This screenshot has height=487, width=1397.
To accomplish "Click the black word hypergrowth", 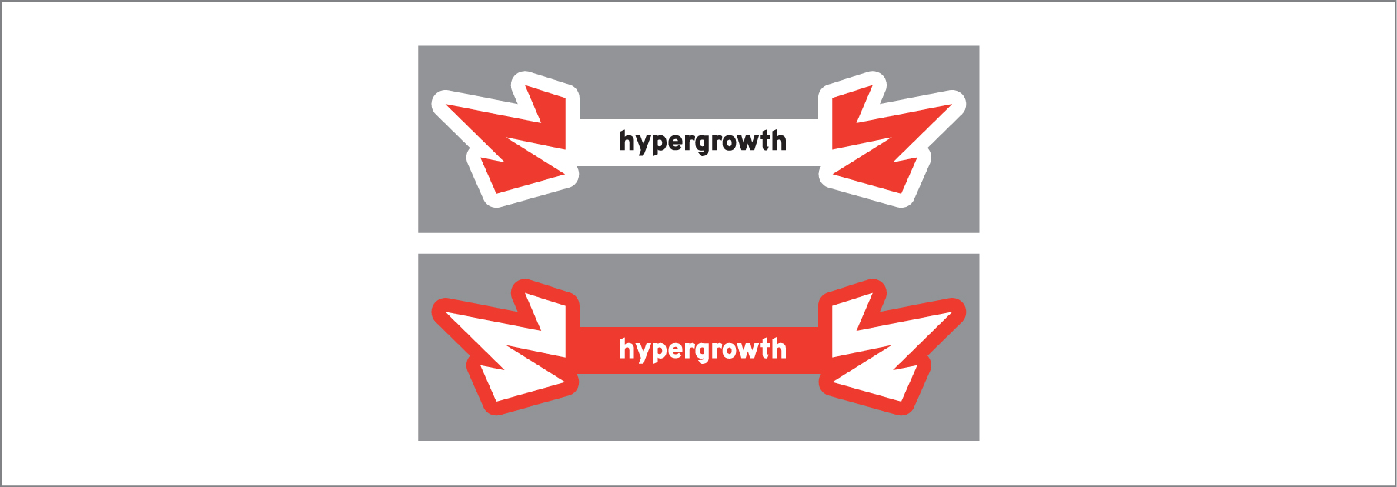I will click(703, 142).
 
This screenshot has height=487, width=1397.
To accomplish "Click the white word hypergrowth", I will click(703, 349).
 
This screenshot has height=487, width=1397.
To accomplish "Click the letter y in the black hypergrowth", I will click(643, 144).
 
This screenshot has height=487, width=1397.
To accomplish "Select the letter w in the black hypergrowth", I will click(751, 142).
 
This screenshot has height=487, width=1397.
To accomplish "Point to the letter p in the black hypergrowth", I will click(660, 144).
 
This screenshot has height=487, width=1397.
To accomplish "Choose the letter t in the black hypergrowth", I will click(767, 141).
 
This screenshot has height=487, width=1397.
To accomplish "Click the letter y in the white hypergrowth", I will click(643, 352).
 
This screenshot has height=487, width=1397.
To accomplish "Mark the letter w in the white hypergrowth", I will click(751, 349).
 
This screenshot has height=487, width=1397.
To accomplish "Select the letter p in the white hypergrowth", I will click(660, 352).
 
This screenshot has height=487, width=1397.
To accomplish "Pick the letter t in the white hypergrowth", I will click(767, 349).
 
